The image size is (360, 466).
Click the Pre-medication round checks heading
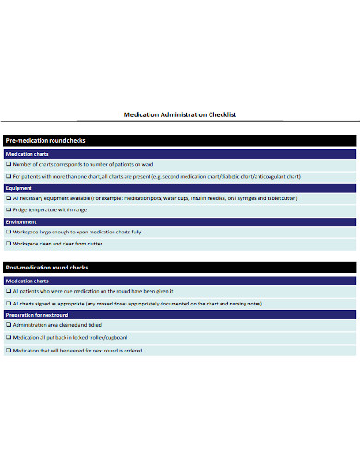[47, 140]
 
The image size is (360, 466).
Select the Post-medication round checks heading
[48, 267]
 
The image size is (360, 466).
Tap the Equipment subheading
[19, 187]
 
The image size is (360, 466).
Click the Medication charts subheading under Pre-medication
[28, 153]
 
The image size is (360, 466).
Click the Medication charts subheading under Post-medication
[28, 280]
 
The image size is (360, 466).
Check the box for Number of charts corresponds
[9, 163]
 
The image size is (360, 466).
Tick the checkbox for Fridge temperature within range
[9, 209]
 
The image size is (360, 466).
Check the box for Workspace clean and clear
[9, 244]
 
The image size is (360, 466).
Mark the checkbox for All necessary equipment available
[9, 197]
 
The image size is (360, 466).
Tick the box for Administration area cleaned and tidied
[9, 325]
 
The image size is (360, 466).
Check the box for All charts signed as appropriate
[9, 302]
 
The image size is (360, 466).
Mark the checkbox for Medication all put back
[9, 337]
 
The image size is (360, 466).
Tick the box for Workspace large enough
[9, 232]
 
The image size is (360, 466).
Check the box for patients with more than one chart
[9, 175]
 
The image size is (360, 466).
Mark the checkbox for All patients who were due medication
[9, 291]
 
